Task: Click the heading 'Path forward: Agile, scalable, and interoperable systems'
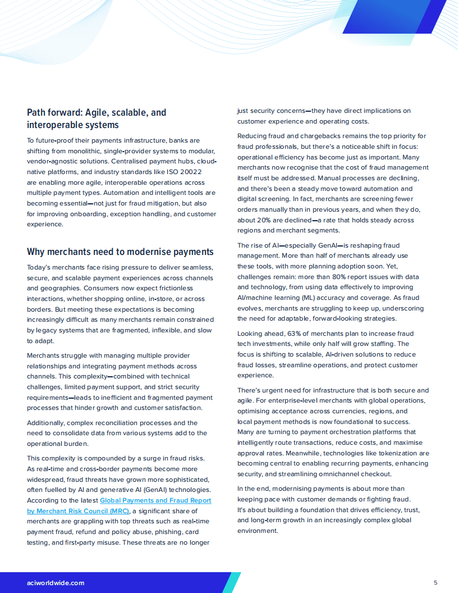(97, 118)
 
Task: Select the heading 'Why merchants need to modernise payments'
(120, 252)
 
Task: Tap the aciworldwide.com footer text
(56, 583)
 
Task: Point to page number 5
(436, 582)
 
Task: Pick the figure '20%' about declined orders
(267, 220)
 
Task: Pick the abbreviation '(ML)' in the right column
(314, 298)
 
